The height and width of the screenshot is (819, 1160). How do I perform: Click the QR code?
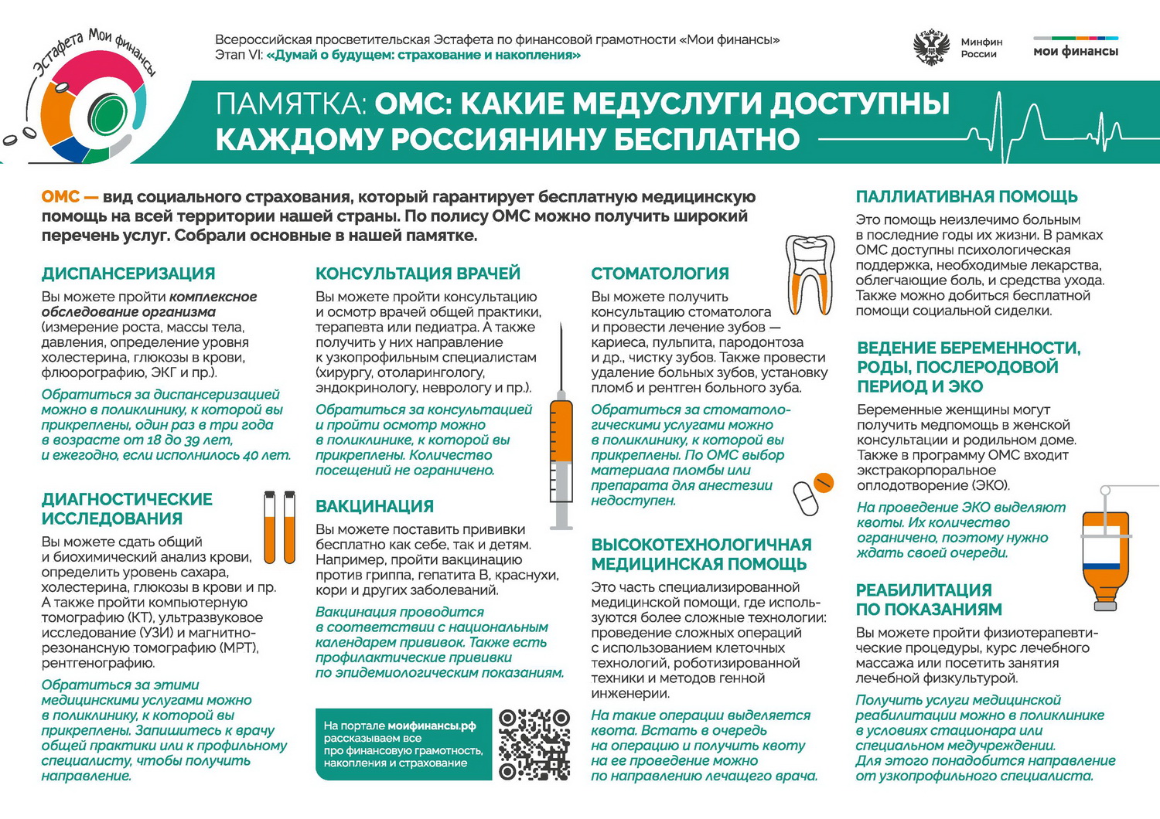(534, 744)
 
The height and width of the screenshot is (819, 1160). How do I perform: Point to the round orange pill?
(824, 483)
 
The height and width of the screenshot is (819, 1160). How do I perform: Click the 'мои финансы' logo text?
(1076, 51)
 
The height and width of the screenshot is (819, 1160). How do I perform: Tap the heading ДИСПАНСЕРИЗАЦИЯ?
(128, 274)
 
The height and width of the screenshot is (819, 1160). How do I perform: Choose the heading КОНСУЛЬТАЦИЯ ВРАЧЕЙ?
(418, 274)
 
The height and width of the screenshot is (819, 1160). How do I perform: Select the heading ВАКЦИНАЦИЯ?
(374, 507)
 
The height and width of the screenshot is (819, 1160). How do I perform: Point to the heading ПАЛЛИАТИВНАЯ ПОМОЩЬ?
(966, 197)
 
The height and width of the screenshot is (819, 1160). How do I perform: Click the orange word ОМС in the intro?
(60, 197)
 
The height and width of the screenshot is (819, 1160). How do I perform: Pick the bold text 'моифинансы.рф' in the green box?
(432, 726)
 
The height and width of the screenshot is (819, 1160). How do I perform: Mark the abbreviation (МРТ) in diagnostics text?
(235, 647)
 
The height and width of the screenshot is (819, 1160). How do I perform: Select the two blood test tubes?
(279, 527)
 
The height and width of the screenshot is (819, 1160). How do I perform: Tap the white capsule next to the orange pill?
(806, 498)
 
